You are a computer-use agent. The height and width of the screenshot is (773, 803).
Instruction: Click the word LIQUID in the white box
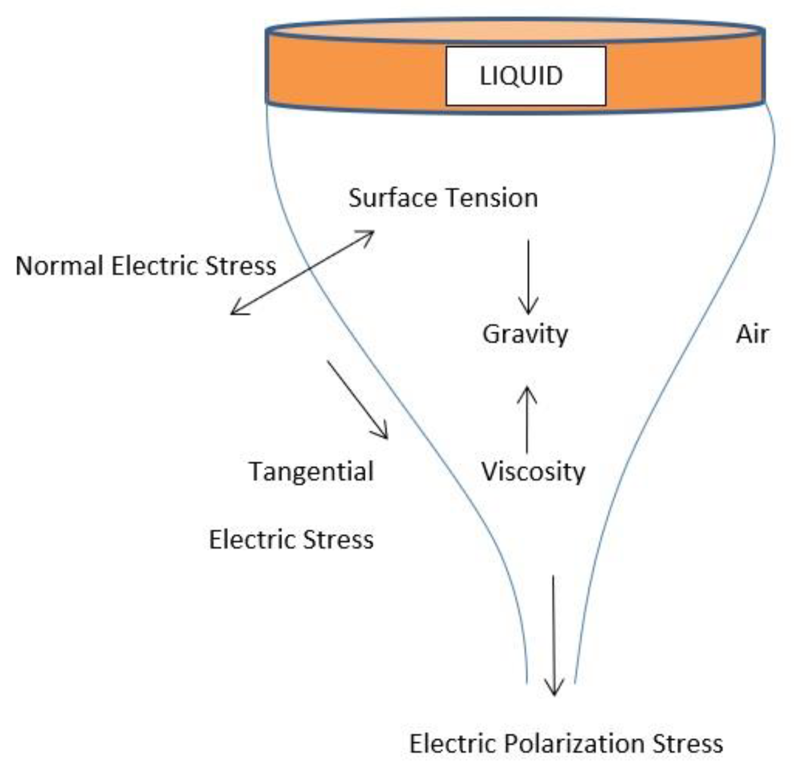pyautogui.click(x=521, y=76)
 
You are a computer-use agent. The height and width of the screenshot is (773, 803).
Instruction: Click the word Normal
pyautogui.click(x=59, y=266)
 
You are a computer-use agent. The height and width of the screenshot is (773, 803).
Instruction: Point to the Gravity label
pyautogui.click(x=525, y=335)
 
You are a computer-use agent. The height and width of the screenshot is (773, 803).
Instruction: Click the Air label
pyautogui.click(x=752, y=335)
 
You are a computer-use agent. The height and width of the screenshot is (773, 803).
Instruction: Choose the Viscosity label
pyautogui.click(x=533, y=472)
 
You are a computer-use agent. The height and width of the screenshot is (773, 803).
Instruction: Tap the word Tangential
pyautogui.click(x=311, y=472)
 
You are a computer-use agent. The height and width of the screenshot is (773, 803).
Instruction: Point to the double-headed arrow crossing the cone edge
pyautogui.click(x=302, y=273)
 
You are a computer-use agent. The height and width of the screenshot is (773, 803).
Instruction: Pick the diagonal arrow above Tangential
pyautogui.click(x=357, y=399)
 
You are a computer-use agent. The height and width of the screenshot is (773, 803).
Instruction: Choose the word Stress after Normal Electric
pyautogui.click(x=241, y=266)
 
